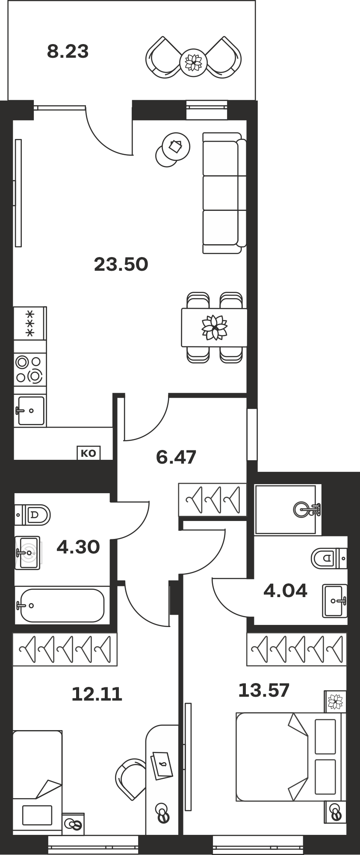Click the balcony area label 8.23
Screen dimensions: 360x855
point(68,52)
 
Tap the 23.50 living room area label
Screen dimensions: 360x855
point(121,264)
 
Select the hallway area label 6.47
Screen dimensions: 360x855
point(176,457)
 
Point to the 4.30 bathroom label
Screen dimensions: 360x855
point(78,547)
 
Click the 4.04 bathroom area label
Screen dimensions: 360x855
point(285,591)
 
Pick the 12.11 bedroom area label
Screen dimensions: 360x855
point(97,694)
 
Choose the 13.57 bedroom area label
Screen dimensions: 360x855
point(264,690)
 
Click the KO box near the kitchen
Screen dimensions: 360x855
point(89,453)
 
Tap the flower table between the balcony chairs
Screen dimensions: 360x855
point(193,62)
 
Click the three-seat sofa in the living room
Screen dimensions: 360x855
point(224,193)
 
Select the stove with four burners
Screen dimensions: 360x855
point(30,369)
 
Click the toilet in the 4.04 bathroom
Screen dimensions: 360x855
point(329,558)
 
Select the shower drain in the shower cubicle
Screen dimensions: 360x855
point(303,509)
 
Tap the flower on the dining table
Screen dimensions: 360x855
point(214,328)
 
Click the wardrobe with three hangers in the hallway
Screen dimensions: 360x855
point(212,499)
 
